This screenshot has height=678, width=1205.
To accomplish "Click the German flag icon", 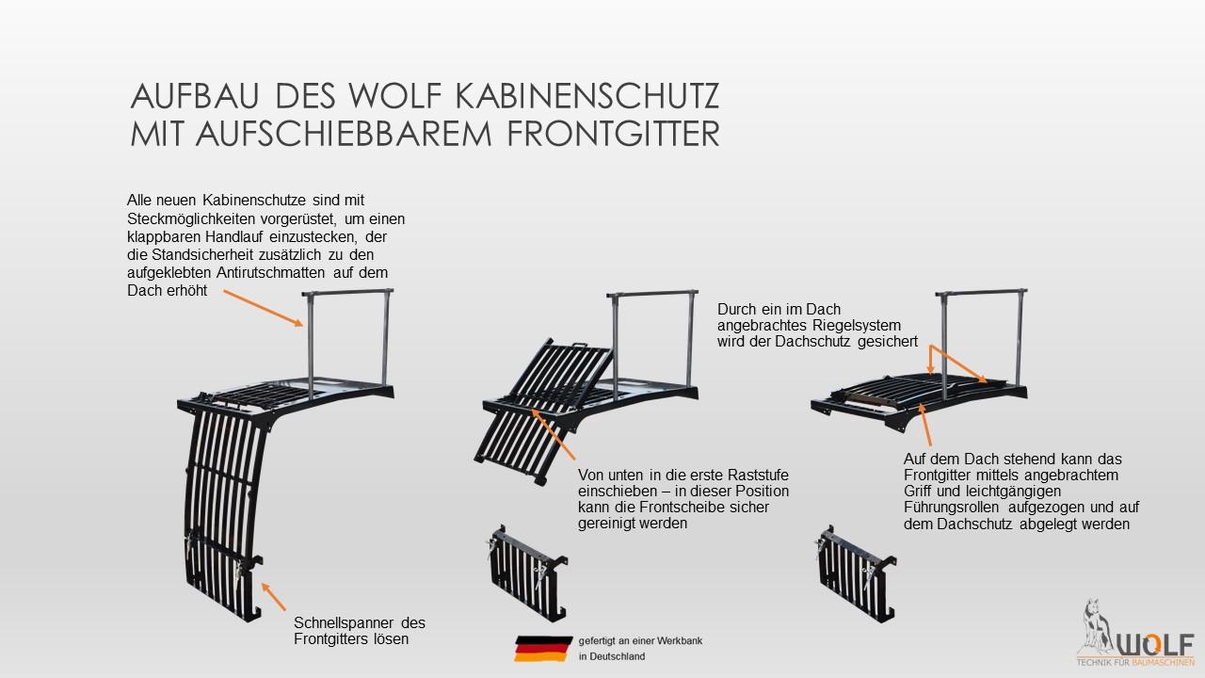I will [542, 649].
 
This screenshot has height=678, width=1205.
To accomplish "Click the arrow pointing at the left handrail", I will [264, 307].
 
